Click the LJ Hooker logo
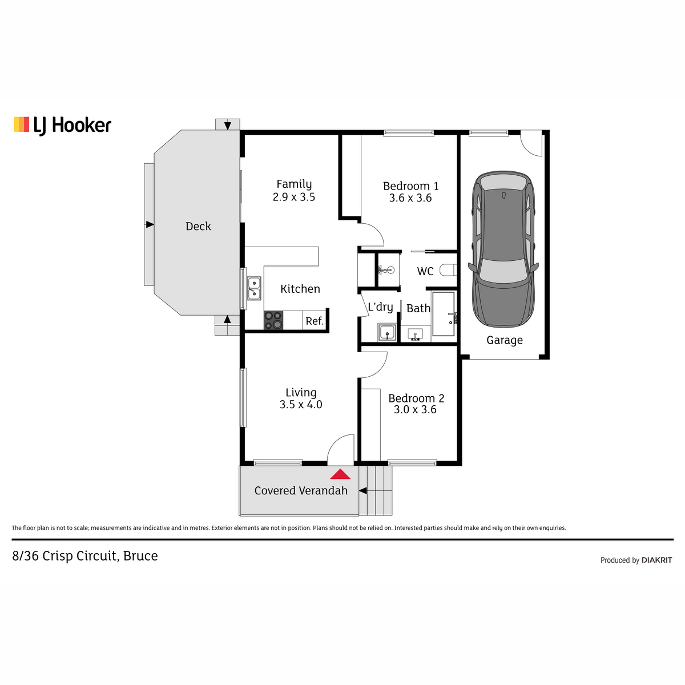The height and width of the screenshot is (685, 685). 63,126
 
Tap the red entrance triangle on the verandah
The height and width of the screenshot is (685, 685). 340,474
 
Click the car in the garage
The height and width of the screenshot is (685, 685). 503,249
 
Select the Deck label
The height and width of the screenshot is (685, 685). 198,226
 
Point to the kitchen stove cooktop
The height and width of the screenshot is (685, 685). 273,320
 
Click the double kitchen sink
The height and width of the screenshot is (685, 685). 254,288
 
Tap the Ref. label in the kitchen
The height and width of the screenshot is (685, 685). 314,321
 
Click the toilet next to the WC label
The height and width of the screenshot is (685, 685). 448,270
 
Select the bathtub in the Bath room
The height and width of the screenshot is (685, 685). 444,314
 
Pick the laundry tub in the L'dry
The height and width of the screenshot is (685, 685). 387,333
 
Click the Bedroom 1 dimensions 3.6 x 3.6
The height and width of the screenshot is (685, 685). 410,198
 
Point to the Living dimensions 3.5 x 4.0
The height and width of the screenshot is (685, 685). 301,405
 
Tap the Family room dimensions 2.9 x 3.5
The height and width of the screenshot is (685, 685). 293,197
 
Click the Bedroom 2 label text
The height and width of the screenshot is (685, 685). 416,398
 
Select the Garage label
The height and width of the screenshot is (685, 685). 505,340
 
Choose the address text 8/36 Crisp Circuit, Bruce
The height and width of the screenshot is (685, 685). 85,556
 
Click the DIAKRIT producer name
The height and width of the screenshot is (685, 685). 656,560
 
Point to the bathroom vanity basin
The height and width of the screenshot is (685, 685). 415,335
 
